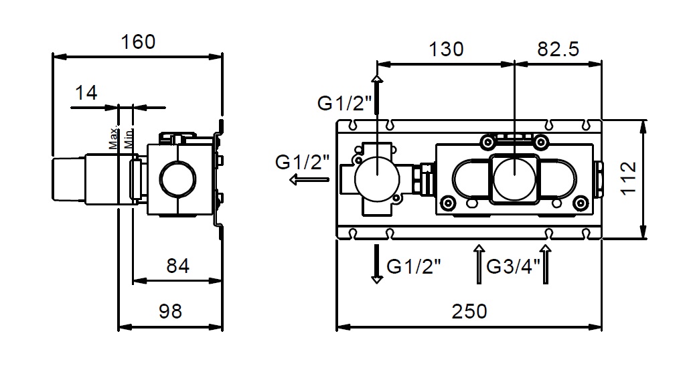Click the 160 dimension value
click(x=138, y=42)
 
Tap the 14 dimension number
click(x=86, y=92)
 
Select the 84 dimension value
click(x=178, y=266)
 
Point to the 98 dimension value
click(x=170, y=311)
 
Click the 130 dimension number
click(x=445, y=49)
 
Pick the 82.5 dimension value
click(x=558, y=49)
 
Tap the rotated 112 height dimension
click(x=628, y=179)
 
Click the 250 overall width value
click(x=469, y=311)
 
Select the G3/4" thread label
click(x=513, y=266)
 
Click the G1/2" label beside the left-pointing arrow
click(x=302, y=162)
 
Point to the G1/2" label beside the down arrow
click(x=414, y=266)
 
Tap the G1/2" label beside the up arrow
click(x=344, y=103)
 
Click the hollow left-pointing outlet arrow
click(x=310, y=179)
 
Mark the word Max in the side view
click(x=113, y=138)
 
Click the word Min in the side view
click(x=128, y=139)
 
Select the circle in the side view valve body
click(x=178, y=179)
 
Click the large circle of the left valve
click(x=377, y=179)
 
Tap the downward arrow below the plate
click(x=376, y=264)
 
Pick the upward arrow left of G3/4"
click(x=479, y=264)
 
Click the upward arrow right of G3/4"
click(x=545, y=264)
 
